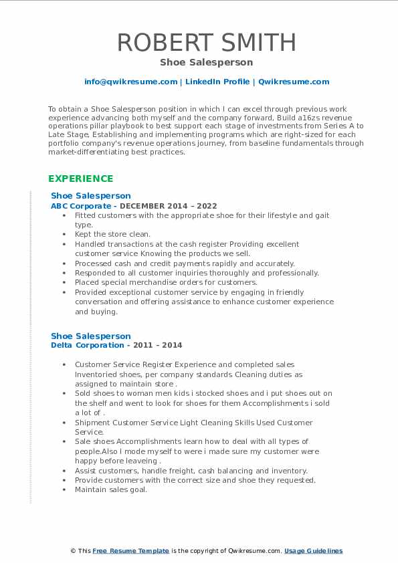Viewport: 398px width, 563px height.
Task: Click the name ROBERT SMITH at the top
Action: coord(206,42)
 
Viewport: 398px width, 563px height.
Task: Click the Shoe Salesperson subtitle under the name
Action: coord(206,62)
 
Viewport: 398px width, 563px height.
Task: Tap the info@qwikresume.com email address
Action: coord(130,82)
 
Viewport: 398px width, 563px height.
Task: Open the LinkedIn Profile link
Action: coord(217,82)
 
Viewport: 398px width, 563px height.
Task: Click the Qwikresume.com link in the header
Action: coord(294,82)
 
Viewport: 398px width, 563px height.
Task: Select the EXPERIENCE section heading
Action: coord(80,179)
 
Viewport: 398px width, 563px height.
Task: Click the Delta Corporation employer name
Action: coord(88,345)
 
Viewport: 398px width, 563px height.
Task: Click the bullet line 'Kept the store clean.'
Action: coord(112,235)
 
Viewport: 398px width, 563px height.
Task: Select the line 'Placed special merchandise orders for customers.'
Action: coord(166,283)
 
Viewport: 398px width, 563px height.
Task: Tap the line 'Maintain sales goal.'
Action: coord(110,489)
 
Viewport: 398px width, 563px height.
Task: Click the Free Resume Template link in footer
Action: coord(130,551)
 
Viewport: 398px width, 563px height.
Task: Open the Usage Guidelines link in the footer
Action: coord(313,551)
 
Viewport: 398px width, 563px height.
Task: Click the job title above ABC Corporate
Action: coord(91,196)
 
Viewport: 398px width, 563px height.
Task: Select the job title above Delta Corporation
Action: coord(91,336)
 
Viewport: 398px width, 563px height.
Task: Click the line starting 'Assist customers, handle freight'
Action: coord(191,471)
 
